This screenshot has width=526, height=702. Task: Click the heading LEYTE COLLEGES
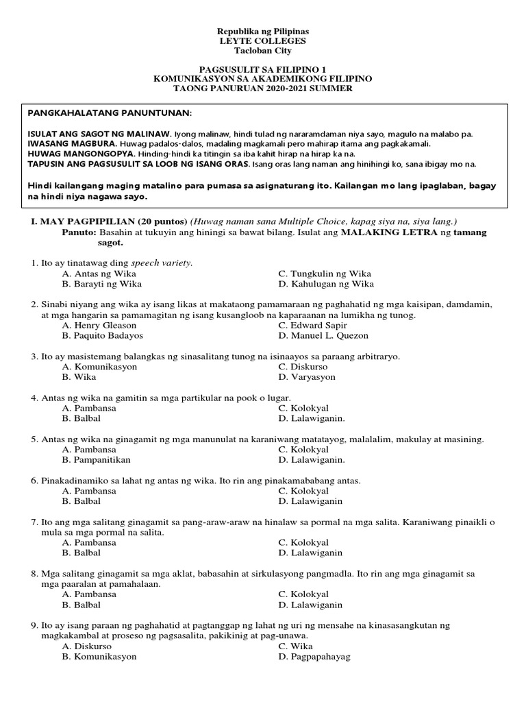[x=263, y=41]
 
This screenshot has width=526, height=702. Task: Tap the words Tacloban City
[x=263, y=51]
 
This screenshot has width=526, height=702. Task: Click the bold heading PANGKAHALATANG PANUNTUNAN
[x=110, y=112]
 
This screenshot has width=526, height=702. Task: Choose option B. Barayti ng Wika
[x=101, y=283]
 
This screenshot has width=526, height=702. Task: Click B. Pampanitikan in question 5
[x=96, y=460]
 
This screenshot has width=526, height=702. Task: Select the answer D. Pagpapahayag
[x=314, y=656]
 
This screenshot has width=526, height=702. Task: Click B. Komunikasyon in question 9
[x=99, y=656]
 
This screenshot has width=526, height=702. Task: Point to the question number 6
[x=34, y=481]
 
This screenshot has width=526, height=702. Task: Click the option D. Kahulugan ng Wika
[x=326, y=283]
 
